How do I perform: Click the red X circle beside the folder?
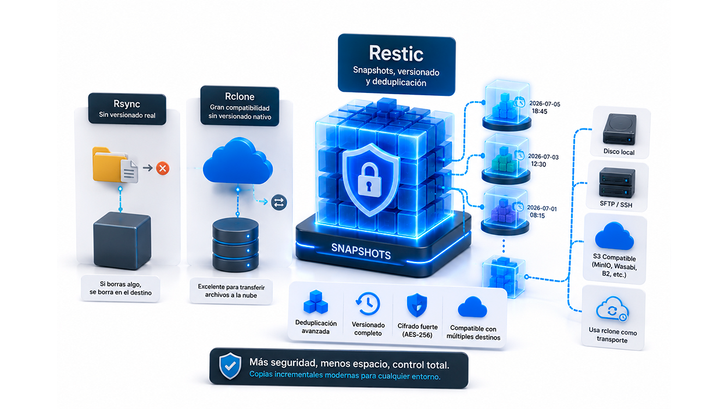[162, 168]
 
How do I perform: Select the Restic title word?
[396, 53]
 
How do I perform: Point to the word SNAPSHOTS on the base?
[361, 252]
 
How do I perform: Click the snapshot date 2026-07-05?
[545, 104]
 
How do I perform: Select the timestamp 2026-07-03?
[544, 157]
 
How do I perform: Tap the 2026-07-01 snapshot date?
[542, 208]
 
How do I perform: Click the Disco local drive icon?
[619, 129]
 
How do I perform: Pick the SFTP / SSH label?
[616, 204]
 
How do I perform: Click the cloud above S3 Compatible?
[614, 236]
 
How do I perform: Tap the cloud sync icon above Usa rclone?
[612, 309]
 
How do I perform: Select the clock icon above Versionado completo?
[368, 304]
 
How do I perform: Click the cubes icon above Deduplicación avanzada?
[315, 302]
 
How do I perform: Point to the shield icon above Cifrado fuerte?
[417, 305]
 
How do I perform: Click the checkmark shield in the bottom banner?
[230, 366]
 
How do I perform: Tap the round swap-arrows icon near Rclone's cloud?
[279, 202]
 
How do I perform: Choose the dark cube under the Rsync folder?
[122, 241]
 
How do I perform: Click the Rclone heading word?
[240, 96]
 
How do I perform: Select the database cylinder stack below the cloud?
[235, 245]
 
